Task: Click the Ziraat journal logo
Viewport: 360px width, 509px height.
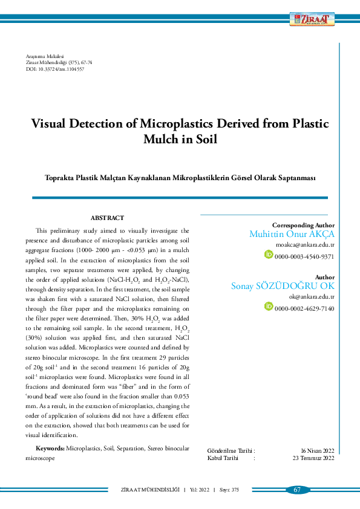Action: pyautogui.click(x=311, y=19)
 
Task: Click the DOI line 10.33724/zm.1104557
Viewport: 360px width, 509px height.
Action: pyautogui.click(x=55, y=70)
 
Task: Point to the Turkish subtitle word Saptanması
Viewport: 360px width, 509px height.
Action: pyautogui.click(x=295, y=178)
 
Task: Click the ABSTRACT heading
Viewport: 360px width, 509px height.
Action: pyautogui.click(x=107, y=218)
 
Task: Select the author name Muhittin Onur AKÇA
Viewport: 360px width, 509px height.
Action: pyautogui.click(x=292, y=234)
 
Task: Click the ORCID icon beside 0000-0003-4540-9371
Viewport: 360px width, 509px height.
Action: pyautogui.click(x=269, y=254)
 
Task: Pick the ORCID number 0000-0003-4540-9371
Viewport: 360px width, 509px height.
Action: pyautogui.click(x=304, y=256)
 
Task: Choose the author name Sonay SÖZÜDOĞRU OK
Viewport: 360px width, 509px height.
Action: pyautogui.click(x=283, y=286)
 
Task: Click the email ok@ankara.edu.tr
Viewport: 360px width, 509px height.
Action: pyautogui.click(x=312, y=297)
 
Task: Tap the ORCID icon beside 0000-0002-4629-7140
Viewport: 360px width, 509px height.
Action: pyautogui.click(x=269, y=306)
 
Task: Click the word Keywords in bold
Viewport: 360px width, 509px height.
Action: pyautogui.click(x=50, y=449)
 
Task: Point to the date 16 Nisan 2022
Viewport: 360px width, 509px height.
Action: pyautogui.click(x=318, y=451)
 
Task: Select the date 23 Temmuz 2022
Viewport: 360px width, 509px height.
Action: pyautogui.click(x=313, y=458)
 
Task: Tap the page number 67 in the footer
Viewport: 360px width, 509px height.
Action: pyautogui.click(x=297, y=490)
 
